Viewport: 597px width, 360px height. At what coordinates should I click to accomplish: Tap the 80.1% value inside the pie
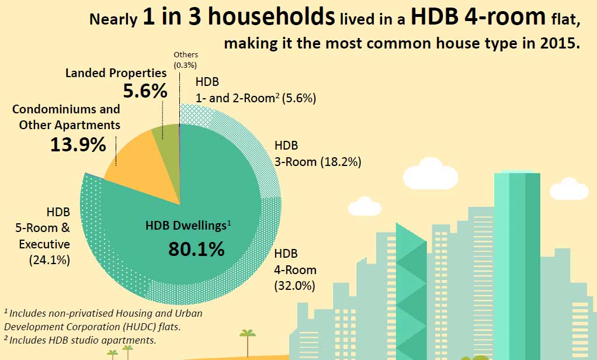(196, 249)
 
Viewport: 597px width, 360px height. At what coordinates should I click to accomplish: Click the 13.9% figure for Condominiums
(78, 144)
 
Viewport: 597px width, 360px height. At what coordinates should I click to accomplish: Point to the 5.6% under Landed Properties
(145, 91)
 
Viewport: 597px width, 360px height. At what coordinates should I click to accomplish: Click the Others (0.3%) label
(186, 59)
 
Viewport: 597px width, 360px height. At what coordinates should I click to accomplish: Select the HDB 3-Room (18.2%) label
(317, 153)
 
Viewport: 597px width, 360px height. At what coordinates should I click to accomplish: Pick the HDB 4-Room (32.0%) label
(295, 269)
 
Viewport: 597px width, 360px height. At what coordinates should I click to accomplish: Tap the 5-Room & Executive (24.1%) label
(50, 236)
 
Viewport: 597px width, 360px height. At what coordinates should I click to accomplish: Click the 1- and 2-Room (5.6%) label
(256, 91)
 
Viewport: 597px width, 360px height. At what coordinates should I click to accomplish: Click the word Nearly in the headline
(113, 20)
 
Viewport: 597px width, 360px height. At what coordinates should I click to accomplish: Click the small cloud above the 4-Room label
(363, 206)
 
